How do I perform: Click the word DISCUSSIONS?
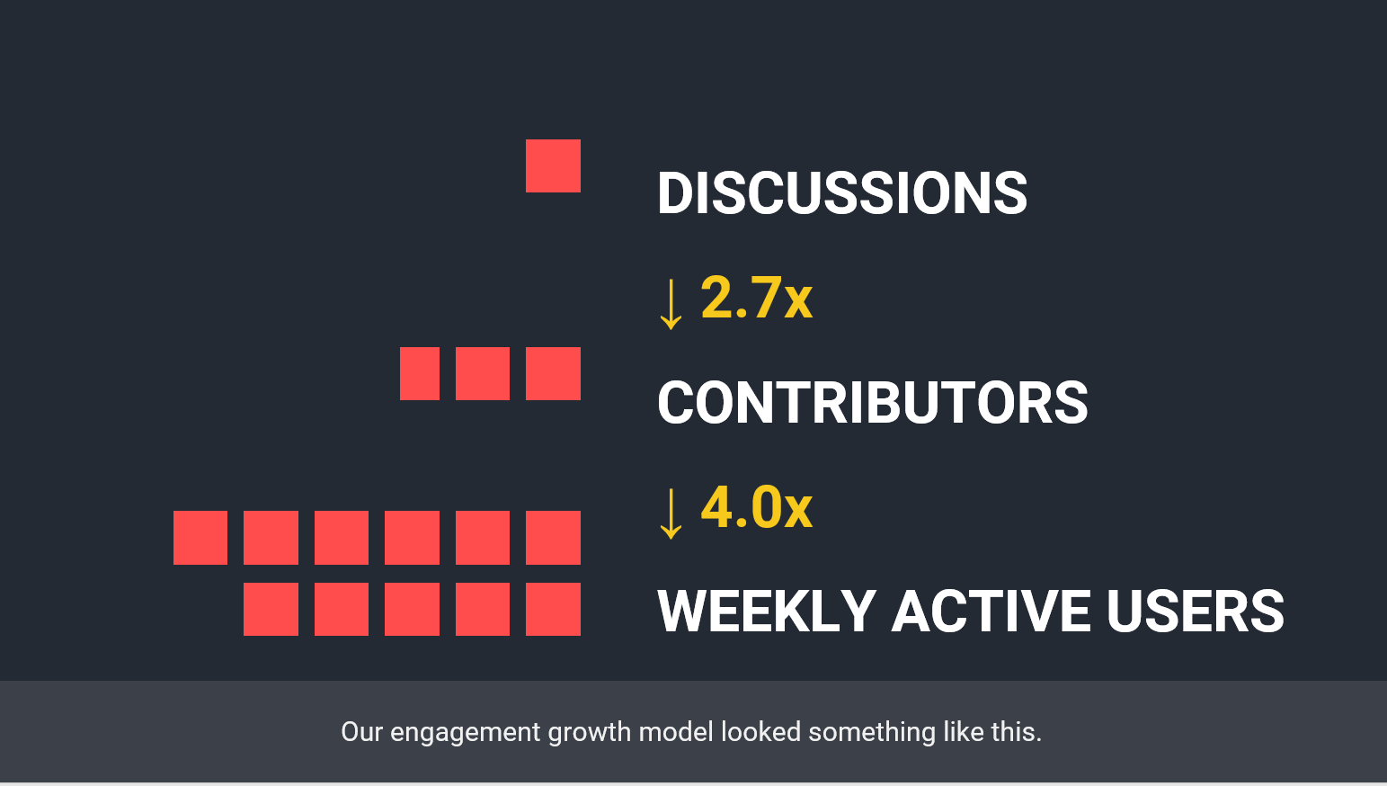click(842, 193)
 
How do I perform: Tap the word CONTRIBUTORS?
click(873, 403)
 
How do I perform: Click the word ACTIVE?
click(991, 612)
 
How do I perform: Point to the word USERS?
click(1195, 612)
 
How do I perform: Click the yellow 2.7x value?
click(756, 298)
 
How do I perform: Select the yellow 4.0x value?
click(756, 507)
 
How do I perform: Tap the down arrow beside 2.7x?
click(671, 303)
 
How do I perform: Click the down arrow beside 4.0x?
click(671, 514)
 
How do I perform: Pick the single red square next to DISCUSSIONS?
click(553, 166)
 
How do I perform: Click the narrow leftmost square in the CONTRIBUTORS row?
click(420, 373)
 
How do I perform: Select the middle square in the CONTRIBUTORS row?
click(483, 373)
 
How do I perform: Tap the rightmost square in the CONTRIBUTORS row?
click(553, 373)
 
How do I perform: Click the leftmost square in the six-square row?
click(200, 538)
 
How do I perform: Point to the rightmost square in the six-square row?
click(553, 538)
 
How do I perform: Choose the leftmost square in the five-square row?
click(271, 609)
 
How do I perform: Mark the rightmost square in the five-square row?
click(553, 609)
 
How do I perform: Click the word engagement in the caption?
click(465, 733)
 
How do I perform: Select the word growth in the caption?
click(590, 733)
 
